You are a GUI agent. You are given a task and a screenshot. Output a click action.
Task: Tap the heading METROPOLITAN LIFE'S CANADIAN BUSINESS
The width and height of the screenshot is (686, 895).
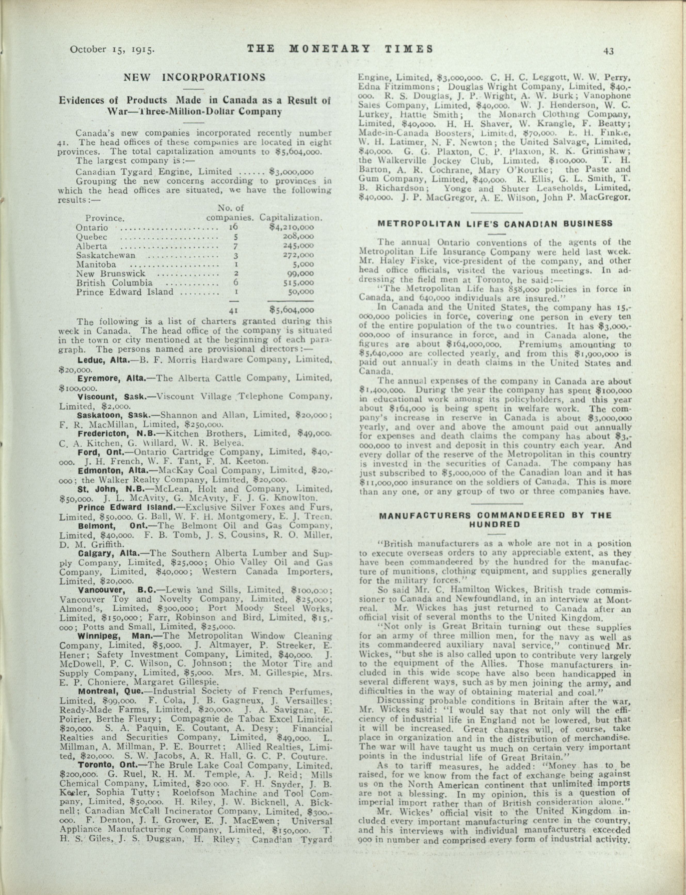click(x=495, y=224)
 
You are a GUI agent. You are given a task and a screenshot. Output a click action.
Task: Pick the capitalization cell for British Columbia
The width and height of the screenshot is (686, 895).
click(x=299, y=283)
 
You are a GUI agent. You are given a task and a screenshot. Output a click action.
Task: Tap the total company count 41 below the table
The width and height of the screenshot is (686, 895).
click(x=233, y=310)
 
